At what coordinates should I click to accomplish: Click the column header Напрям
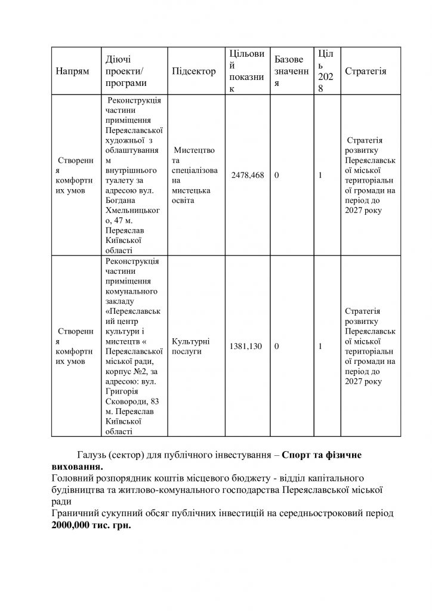coord(72,71)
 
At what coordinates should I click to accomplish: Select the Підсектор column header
coord(193,71)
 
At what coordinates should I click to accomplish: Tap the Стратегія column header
coord(365,71)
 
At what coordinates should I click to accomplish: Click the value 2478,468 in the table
coord(246,176)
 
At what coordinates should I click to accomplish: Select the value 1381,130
coord(246,346)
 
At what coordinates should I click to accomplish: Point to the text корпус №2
coord(127,371)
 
